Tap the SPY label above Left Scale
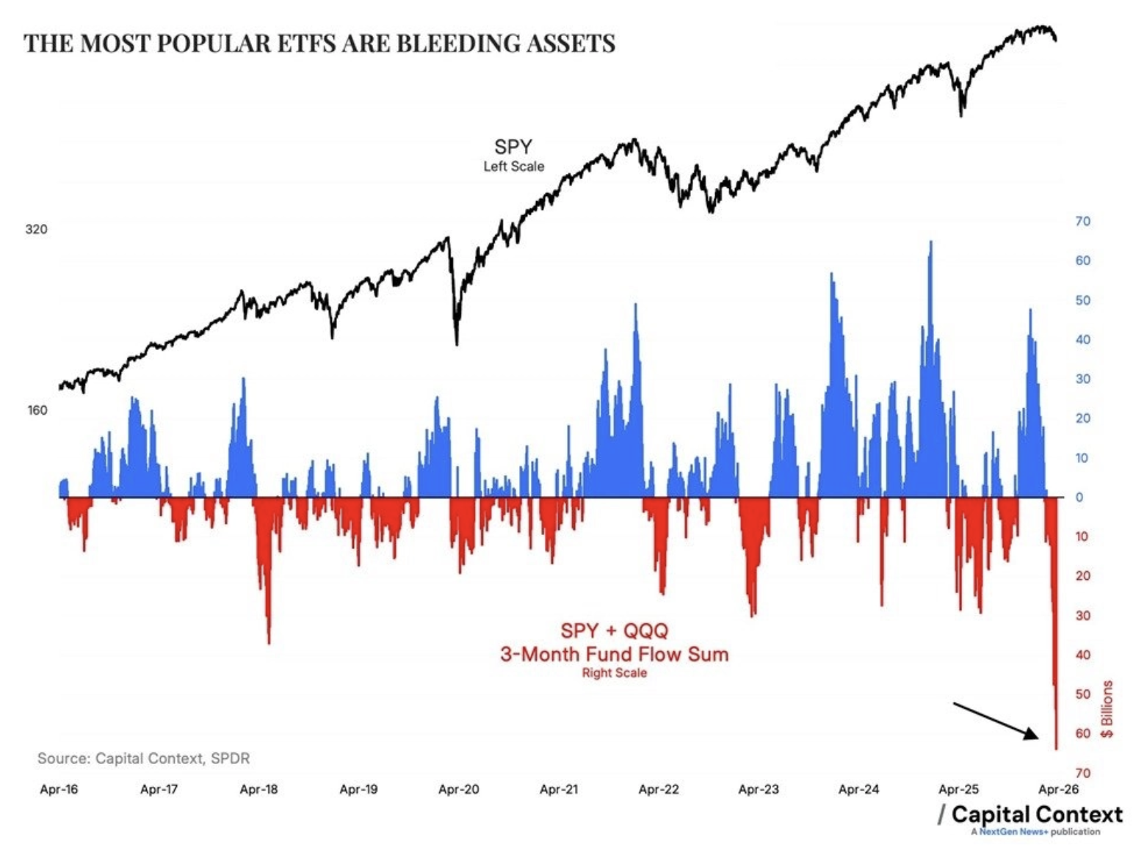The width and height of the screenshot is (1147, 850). pos(513,147)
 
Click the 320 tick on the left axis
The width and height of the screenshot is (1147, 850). pos(36,229)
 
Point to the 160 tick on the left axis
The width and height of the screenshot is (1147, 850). pos(37,410)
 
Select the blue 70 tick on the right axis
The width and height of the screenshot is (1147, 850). pos(1082,221)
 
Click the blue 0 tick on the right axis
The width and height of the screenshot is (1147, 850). pos(1079,497)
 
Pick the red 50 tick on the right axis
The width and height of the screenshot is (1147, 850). pos(1082,694)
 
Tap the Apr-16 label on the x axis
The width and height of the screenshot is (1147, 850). pos(59,789)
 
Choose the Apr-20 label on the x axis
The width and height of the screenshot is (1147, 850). pos(458,789)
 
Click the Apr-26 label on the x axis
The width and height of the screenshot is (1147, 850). pos(1058,789)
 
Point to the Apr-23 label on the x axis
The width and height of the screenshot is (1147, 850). pos(759,789)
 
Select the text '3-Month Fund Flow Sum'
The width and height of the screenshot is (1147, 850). pos(614,654)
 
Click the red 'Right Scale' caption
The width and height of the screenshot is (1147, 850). pos(614,673)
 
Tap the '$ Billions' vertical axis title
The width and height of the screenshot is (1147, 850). pos(1107,709)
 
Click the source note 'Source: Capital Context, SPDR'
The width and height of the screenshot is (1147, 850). pos(143,758)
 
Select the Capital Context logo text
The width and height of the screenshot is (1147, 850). pos(1036,814)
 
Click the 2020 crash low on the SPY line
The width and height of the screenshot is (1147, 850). pos(457,342)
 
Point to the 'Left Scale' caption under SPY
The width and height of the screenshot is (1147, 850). pos(513,167)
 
